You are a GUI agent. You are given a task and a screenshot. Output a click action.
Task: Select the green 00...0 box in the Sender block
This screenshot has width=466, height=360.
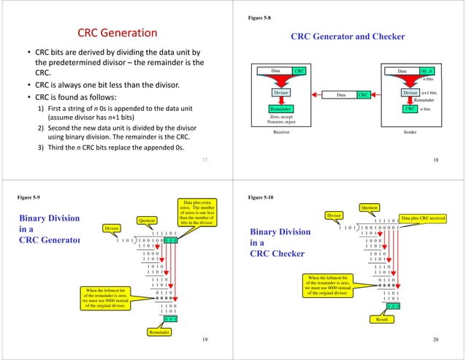coord(428,71)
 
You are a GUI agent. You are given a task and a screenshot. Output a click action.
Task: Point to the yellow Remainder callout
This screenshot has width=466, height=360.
coord(162,332)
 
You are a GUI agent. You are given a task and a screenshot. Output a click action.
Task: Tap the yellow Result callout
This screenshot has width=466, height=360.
coord(382,319)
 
